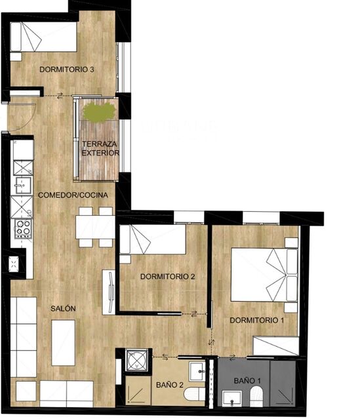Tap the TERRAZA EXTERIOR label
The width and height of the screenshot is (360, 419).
100,148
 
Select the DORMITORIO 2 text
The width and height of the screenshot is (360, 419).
168,277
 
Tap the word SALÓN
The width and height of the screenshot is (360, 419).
64,309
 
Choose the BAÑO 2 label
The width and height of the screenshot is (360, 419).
169,386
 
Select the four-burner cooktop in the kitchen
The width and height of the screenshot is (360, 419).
23,229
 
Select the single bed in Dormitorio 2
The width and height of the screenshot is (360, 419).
153,240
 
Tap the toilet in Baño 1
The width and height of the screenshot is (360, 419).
256,395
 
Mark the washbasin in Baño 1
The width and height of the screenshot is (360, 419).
230,398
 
